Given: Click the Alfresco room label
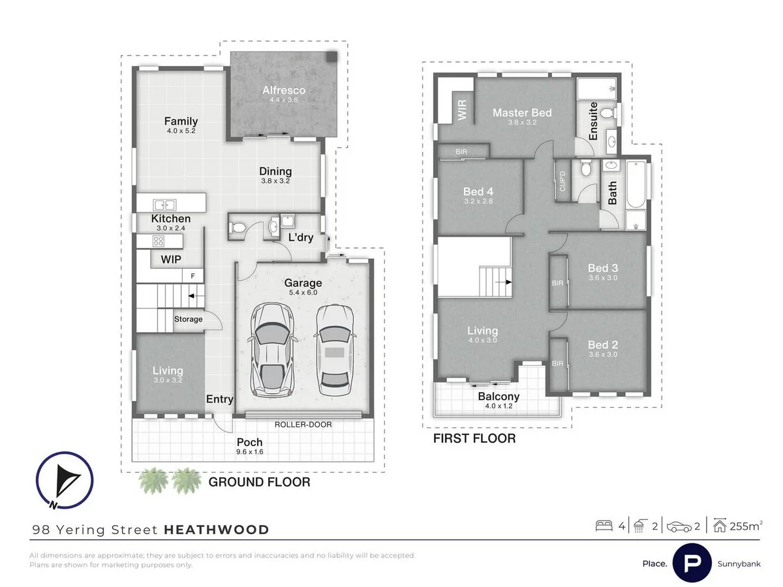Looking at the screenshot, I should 284,91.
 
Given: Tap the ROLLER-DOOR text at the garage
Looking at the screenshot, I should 303,425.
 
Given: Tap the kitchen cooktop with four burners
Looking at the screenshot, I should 158,241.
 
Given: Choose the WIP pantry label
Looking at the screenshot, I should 170,260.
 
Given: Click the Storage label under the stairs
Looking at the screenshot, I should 188,319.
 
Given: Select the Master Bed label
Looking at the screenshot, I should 521,113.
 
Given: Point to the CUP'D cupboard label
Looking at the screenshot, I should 562,181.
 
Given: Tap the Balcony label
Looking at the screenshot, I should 499,397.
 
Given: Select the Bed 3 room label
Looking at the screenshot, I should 602,268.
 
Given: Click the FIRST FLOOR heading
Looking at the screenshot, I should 474,438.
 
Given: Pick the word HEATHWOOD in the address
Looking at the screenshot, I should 216,530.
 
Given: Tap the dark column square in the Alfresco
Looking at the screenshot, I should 332,57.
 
